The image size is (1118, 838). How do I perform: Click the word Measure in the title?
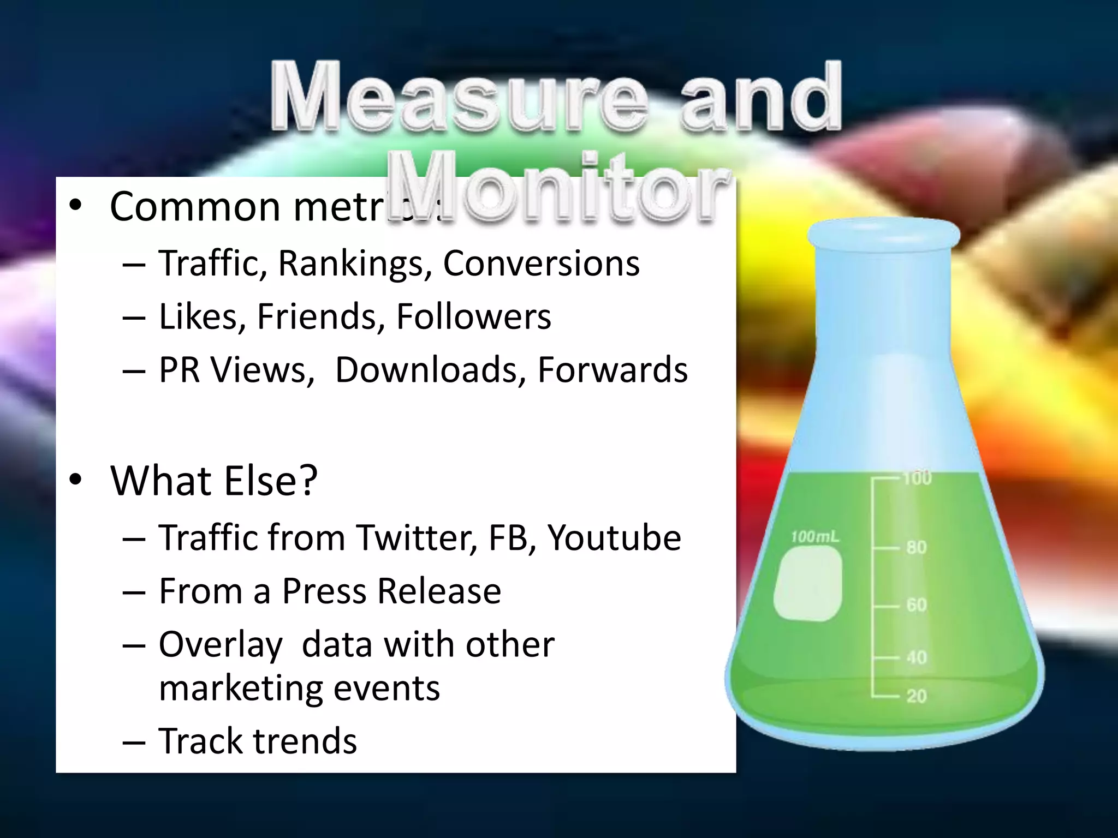(x=459, y=98)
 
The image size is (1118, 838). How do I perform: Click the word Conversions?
(x=541, y=264)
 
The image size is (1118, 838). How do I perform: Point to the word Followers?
(x=473, y=316)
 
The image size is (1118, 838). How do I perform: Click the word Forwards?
(x=612, y=370)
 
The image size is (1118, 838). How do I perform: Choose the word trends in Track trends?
(x=304, y=741)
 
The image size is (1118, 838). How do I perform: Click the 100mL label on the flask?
(x=814, y=537)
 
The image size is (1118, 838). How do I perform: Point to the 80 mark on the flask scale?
(x=917, y=547)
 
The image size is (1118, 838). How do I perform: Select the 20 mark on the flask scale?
(x=917, y=696)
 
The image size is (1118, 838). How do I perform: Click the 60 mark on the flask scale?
(x=917, y=605)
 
